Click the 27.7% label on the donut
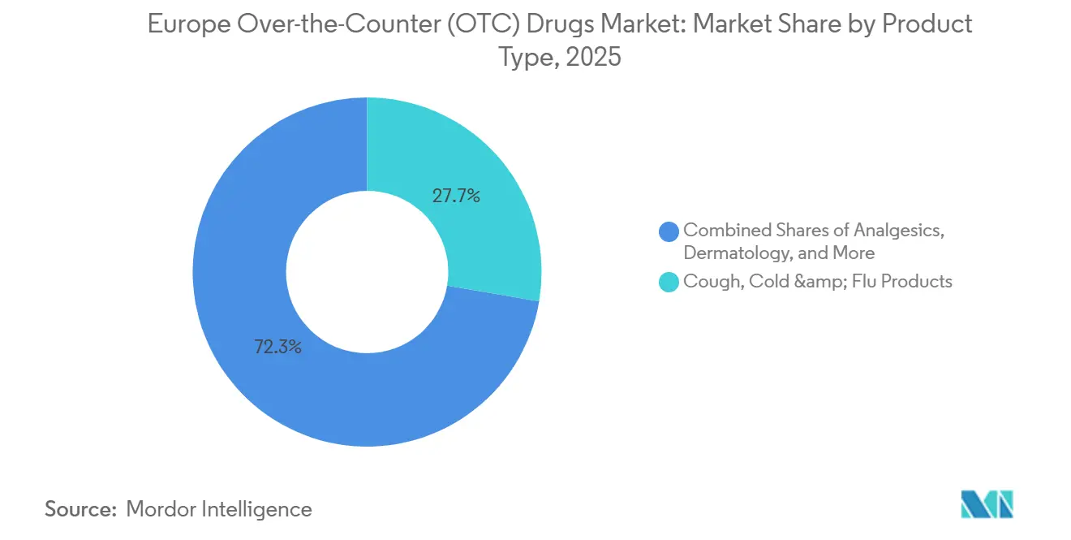point(456,196)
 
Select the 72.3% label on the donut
point(277,348)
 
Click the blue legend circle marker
point(669,231)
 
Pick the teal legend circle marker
point(669,283)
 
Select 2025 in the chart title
point(593,58)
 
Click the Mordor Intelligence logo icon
point(987,505)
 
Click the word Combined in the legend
point(724,230)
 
